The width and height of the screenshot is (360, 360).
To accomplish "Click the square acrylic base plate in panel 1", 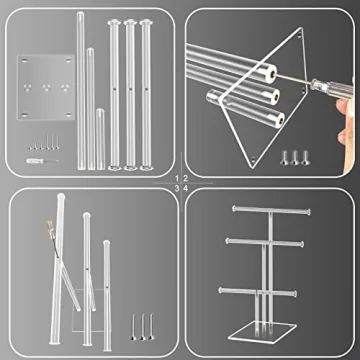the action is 46,87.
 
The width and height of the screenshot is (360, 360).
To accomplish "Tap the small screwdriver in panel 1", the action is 42,161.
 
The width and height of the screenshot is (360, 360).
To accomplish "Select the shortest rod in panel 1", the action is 100,139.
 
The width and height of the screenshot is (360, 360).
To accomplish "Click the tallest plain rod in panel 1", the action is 81,90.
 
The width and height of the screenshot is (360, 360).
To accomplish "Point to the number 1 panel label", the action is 177,179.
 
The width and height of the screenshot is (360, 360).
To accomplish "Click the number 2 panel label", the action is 185,179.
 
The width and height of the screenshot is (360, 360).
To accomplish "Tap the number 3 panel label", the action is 177,188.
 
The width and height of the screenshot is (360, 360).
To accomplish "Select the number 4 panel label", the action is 185,188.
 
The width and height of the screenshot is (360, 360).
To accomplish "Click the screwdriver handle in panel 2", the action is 332,88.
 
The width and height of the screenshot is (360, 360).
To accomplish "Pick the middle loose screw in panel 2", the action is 294,158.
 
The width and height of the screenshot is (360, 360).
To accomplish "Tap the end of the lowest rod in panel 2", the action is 278,118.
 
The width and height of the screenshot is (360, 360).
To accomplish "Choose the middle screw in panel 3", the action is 143,327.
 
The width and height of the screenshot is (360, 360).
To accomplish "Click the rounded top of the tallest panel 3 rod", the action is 61,197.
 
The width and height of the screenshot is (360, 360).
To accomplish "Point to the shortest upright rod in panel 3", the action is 107,295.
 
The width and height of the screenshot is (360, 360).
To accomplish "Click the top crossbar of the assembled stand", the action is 271,210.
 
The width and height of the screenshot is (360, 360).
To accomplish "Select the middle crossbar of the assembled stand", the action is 265,242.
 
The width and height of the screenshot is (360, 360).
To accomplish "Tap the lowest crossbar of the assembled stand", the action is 257,292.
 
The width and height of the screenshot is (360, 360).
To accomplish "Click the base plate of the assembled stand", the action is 263,334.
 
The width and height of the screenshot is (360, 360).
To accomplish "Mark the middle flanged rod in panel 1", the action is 130,95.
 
